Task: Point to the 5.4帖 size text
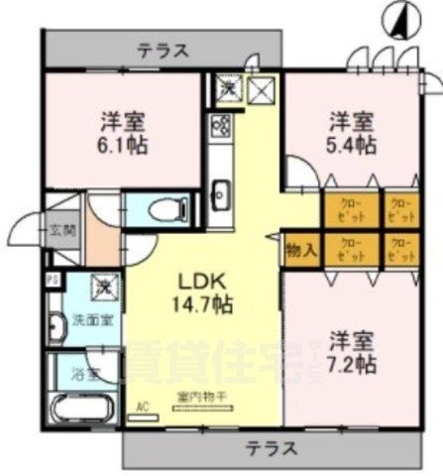[352, 144]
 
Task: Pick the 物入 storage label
[301, 248]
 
